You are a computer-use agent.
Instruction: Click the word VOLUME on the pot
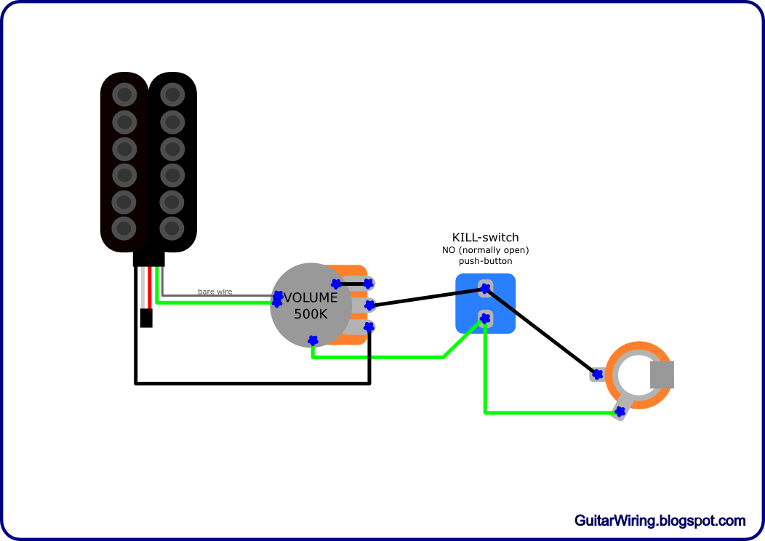coord(311,297)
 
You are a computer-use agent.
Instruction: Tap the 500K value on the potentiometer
coord(311,314)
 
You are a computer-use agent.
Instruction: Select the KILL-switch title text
coord(485,238)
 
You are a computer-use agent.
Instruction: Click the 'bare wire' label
coord(215,292)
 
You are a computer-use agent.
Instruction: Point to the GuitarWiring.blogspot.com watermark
coord(660,521)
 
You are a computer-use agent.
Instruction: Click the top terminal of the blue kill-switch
coord(484,288)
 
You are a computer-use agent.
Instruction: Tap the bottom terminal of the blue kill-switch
coord(485,318)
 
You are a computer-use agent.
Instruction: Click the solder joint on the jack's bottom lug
coord(620,412)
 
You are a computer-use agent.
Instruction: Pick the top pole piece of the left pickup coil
coord(124,95)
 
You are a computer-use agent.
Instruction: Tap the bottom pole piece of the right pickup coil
coord(172,228)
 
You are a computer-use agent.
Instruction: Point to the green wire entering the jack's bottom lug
coord(553,413)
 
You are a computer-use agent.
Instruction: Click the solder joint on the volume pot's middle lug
coord(369,304)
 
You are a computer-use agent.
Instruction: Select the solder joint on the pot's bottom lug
coord(369,328)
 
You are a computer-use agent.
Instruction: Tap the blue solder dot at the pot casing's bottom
coord(313,340)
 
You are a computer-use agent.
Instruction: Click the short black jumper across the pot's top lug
coord(352,283)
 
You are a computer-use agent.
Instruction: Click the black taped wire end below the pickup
coord(145,318)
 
